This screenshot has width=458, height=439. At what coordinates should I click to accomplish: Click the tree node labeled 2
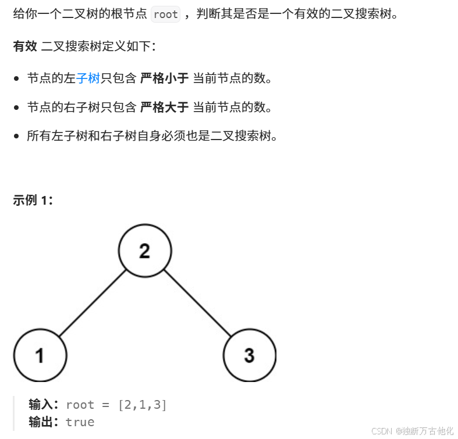(x=145, y=251)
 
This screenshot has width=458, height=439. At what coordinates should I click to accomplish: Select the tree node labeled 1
(x=40, y=355)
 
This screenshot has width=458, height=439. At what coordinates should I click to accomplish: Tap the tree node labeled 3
(x=249, y=355)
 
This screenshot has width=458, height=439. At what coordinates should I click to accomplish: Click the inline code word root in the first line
(x=166, y=15)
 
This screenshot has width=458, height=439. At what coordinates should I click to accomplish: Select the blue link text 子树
(x=88, y=78)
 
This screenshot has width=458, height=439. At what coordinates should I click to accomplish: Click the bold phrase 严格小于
(x=164, y=78)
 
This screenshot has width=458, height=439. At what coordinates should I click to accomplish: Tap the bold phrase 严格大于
(x=164, y=107)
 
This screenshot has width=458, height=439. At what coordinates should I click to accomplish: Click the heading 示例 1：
(x=33, y=201)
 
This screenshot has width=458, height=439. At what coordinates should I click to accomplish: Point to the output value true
(x=80, y=422)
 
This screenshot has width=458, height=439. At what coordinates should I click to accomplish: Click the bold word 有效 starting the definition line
(x=25, y=47)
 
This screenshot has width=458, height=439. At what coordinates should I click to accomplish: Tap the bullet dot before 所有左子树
(x=17, y=137)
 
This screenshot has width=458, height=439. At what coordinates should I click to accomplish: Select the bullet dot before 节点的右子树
(x=17, y=108)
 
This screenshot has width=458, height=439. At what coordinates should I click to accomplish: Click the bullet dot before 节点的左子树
(x=17, y=78)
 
